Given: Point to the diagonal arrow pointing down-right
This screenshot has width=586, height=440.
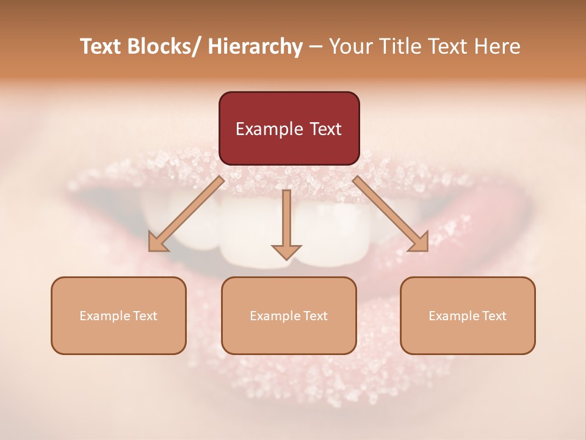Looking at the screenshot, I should coord(390,213).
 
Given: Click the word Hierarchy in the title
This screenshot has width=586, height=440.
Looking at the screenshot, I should coord(255,46).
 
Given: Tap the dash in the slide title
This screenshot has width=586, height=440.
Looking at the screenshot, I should coord(316,47).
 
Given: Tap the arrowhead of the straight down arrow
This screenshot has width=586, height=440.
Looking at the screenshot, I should coord(286,251).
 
